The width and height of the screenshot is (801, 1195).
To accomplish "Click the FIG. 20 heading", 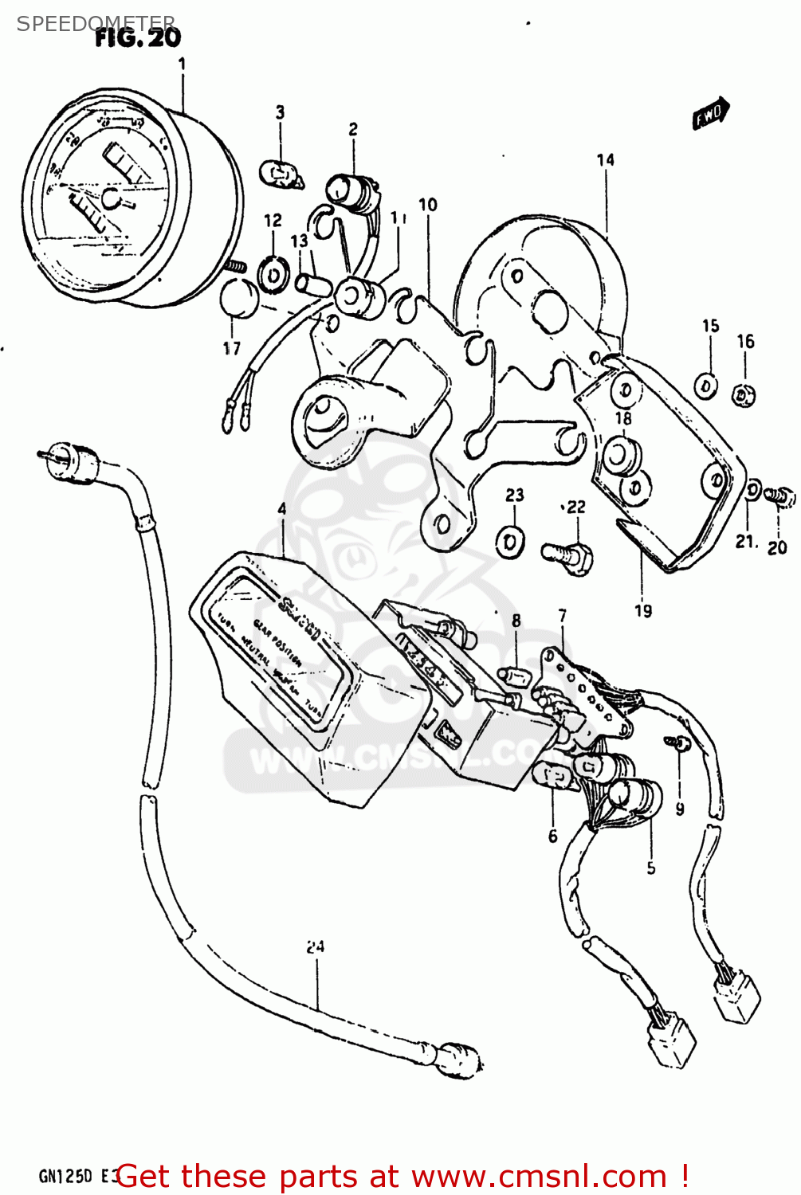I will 137,37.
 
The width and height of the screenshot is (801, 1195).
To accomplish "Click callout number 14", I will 606,160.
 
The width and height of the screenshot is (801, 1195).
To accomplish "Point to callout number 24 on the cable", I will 316,946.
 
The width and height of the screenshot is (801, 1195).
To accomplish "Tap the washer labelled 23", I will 510,542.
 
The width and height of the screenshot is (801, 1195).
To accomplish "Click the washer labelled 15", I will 706,386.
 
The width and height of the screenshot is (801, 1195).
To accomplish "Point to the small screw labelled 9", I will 679,743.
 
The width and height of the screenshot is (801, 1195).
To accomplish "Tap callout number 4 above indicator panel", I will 281,508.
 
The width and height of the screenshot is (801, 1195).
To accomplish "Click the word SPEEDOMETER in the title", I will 96,23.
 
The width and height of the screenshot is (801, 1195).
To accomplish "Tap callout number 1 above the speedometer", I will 182,64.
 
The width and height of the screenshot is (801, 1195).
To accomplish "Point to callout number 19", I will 643,611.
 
